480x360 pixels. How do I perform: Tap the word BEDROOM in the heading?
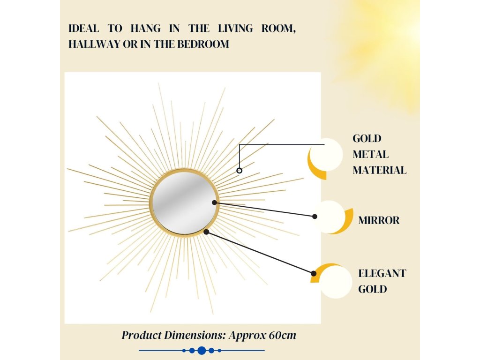pos(203,44)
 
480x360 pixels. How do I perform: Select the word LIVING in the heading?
pos(235,29)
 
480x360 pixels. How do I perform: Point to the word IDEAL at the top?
pos(83,29)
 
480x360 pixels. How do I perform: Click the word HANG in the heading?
pos(145,29)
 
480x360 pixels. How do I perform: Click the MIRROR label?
pos(379,220)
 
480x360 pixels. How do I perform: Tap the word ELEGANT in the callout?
pos(382,273)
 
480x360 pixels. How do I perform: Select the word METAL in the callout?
pos(370,154)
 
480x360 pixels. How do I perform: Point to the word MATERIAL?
pos(380,170)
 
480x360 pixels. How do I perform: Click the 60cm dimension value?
pos(283,335)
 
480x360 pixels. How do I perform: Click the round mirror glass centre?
pos(185,202)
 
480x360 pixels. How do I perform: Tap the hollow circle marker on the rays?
pos(240,171)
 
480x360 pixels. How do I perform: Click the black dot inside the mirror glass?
pos(214,202)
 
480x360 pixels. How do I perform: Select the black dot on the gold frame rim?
pos(206,232)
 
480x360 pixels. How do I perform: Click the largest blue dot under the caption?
pos(202,351)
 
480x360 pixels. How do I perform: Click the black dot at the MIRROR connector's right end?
pos(315,217)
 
